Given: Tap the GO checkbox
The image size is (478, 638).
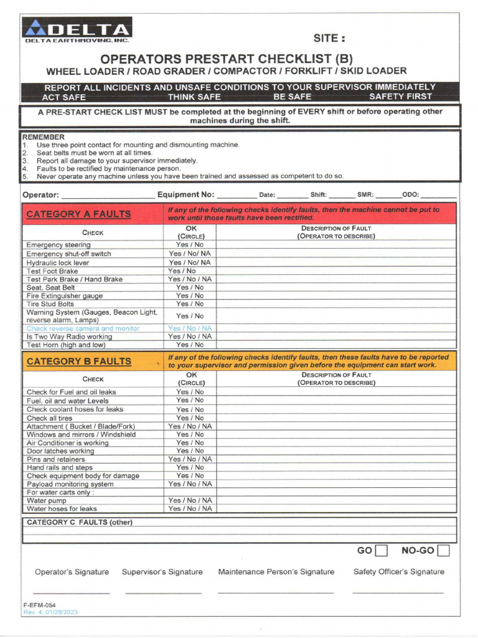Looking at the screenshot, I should tap(382, 550).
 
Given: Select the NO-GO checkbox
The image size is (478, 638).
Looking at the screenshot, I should tap(443, 550).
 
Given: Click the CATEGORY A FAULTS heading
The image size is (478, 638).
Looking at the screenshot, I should tap(78, 214).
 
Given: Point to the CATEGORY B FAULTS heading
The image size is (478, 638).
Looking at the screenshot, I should tap(78, 361).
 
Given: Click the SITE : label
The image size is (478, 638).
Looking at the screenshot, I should tap(329, 38).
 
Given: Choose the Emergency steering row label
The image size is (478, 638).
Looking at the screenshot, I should tap(58, 245).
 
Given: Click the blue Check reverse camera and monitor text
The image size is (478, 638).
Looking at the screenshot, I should tap(83, 328).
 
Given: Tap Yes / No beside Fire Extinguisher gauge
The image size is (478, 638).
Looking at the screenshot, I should tap(189, 296).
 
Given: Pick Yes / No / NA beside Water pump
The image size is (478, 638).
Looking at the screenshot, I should tap(189, 500).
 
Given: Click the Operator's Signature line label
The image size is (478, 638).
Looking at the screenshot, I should tap(72, 572).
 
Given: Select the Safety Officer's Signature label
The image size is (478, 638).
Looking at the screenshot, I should tap(398, 572).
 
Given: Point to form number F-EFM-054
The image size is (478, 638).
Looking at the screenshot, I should tap(39, 605).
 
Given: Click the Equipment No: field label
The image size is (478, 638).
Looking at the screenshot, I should tap(185, 195).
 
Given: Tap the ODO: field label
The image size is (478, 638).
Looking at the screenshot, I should tap(411, 195).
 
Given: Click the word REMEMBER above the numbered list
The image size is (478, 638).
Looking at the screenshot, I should tap(43, 136).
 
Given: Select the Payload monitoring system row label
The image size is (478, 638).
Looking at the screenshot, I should tap(70, 484).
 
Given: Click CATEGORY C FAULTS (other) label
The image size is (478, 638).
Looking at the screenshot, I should tap(79, 523).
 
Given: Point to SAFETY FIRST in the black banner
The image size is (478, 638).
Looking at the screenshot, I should tap(400, 97).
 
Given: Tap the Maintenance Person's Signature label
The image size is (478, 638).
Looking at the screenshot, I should tap(276, 572).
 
